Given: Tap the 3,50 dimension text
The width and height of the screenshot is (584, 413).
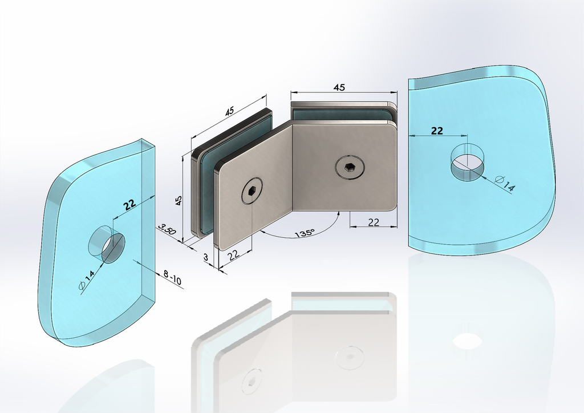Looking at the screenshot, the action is coord(167,229).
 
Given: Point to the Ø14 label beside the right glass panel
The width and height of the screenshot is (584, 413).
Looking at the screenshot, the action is coord(505,184).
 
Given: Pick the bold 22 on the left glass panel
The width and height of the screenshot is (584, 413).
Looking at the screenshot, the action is coord(129,204).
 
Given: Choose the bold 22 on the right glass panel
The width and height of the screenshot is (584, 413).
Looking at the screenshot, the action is coord(437,131).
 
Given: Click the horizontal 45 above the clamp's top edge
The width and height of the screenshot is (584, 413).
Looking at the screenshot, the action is coord(339,87).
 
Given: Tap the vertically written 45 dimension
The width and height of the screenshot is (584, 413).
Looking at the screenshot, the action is coord(179,201).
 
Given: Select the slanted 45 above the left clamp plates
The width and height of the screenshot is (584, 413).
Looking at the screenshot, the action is coord(229,111).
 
